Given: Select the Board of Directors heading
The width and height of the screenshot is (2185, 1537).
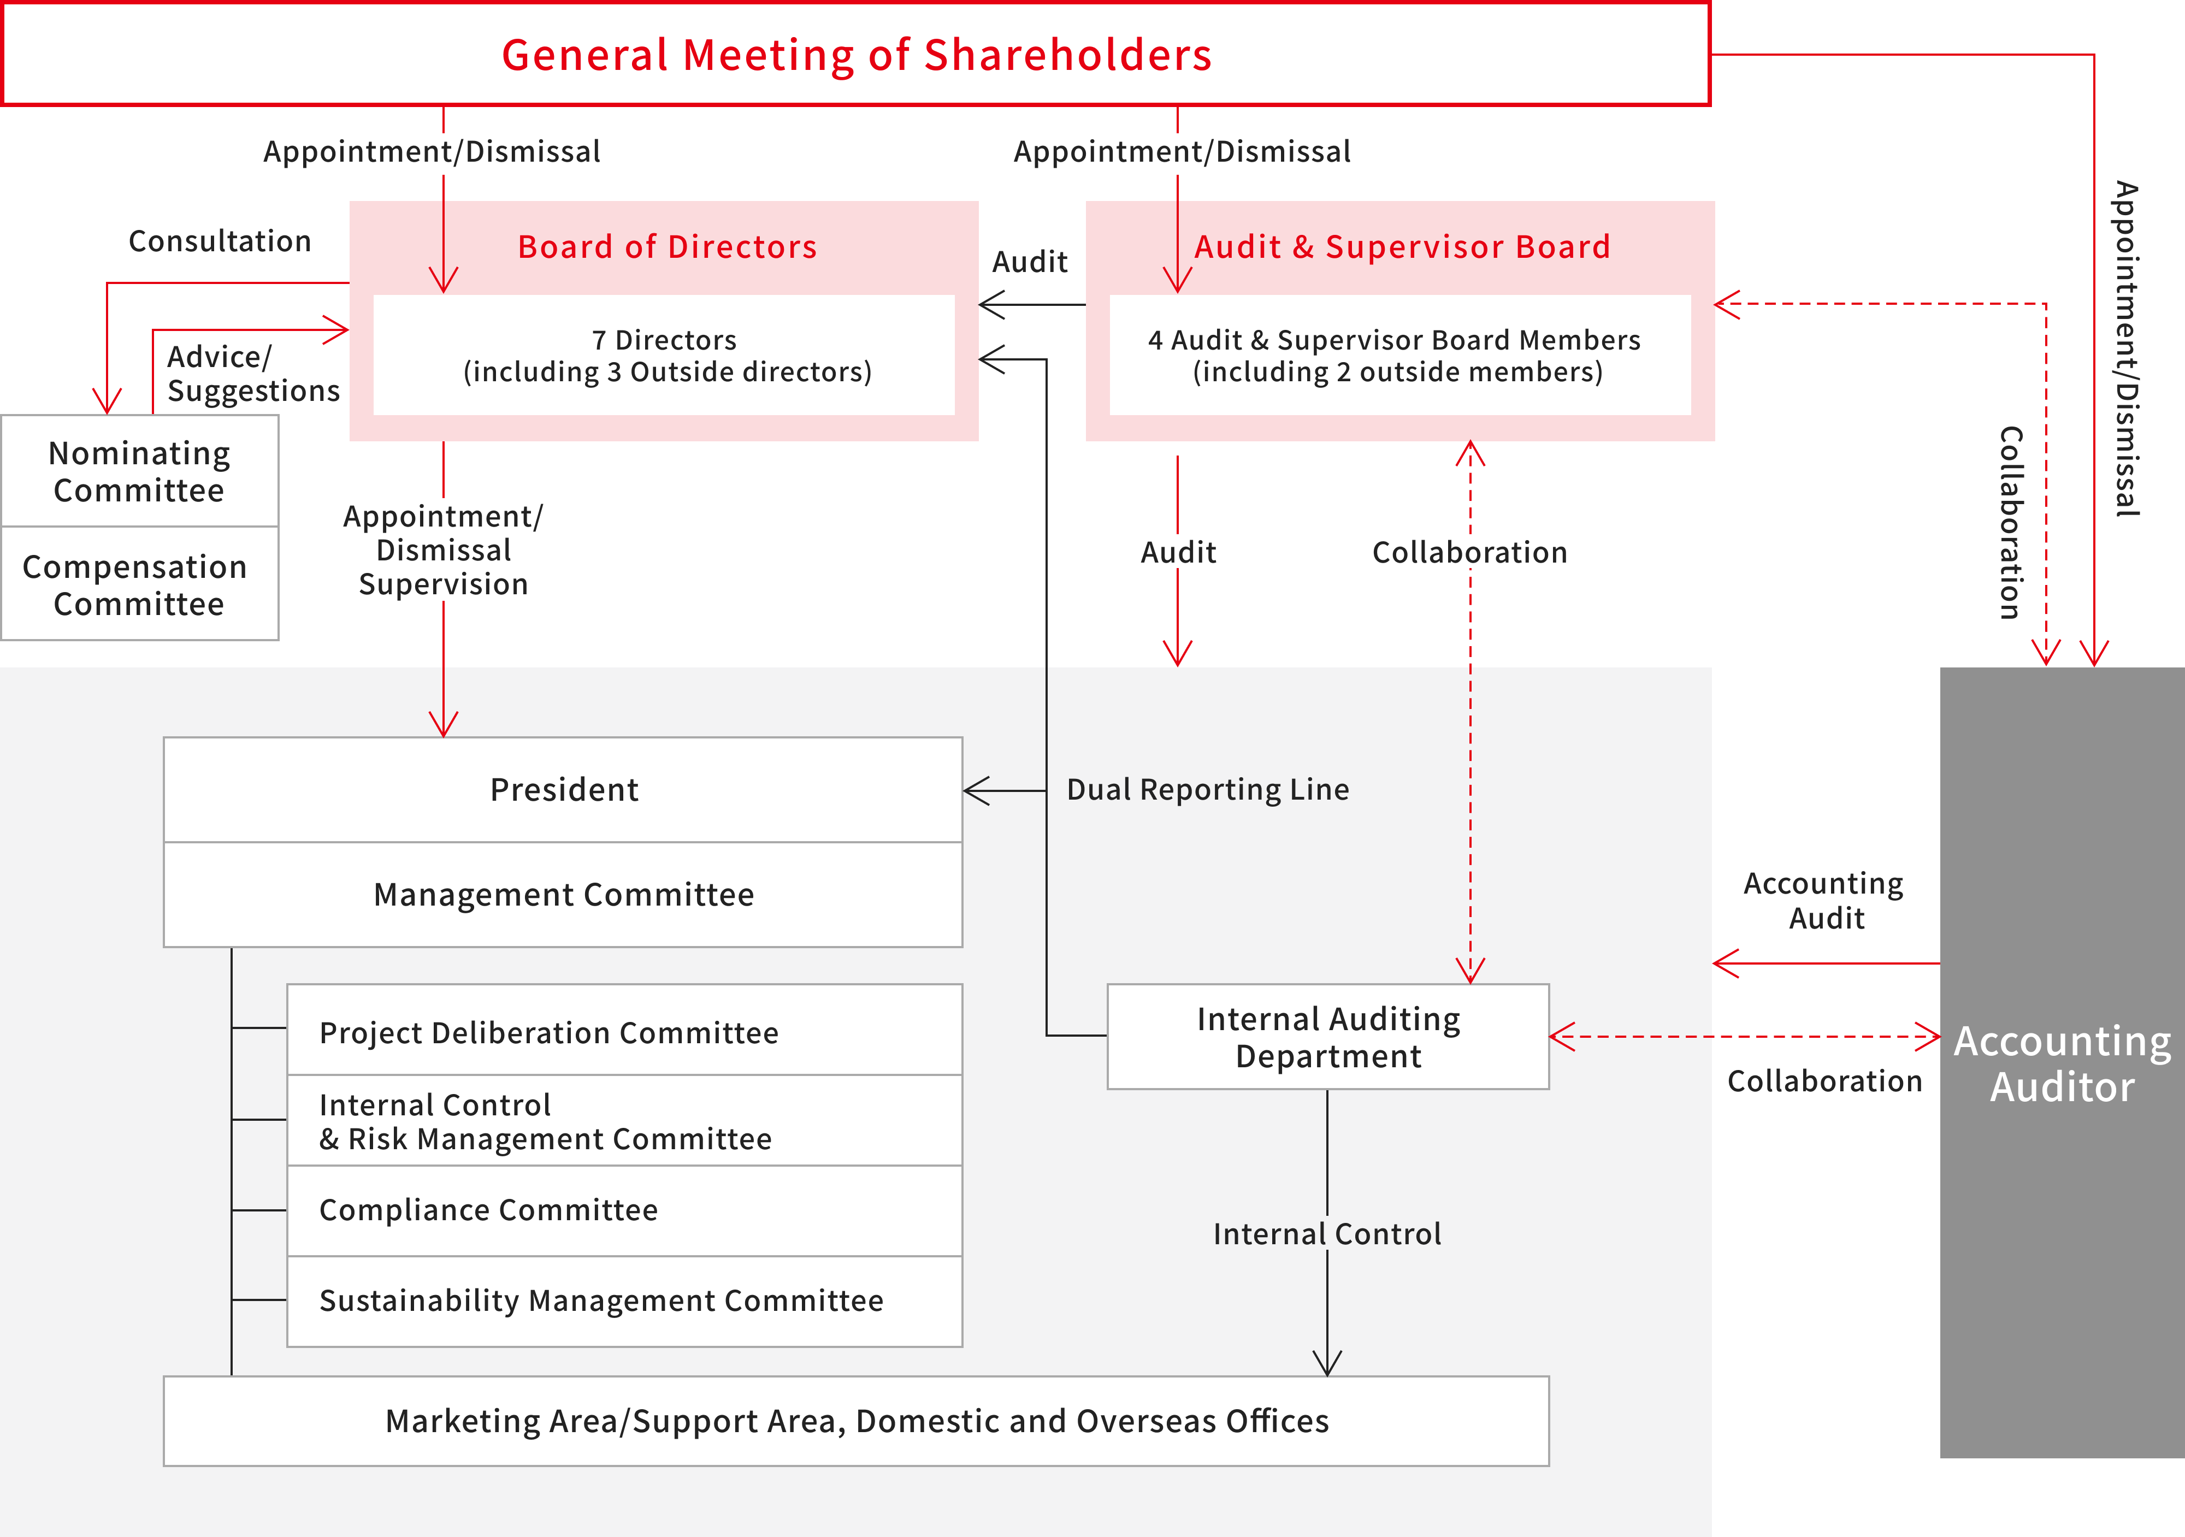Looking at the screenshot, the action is point(667,246).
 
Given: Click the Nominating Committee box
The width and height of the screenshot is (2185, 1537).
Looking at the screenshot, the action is point(140,471).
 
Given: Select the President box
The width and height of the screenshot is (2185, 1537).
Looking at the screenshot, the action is point(563,790).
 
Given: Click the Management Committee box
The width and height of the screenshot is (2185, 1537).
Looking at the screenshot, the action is point(563,895).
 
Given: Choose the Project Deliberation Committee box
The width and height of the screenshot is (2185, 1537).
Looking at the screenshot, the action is point(624,1030).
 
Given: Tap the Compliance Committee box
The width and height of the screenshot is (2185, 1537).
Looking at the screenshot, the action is point(624,1210).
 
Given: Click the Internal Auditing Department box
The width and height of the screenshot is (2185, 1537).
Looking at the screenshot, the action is point(1328,1036).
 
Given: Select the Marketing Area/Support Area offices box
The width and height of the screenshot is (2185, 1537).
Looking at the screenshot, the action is point(857,1421).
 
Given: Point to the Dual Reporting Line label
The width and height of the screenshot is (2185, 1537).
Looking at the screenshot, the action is point(1208,790).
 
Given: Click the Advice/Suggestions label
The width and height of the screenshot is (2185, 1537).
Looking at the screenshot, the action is point(253,373).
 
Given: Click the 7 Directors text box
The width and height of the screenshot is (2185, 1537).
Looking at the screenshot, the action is point(664,355).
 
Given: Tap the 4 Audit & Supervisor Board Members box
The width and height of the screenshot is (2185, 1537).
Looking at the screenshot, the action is point(1400,355).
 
